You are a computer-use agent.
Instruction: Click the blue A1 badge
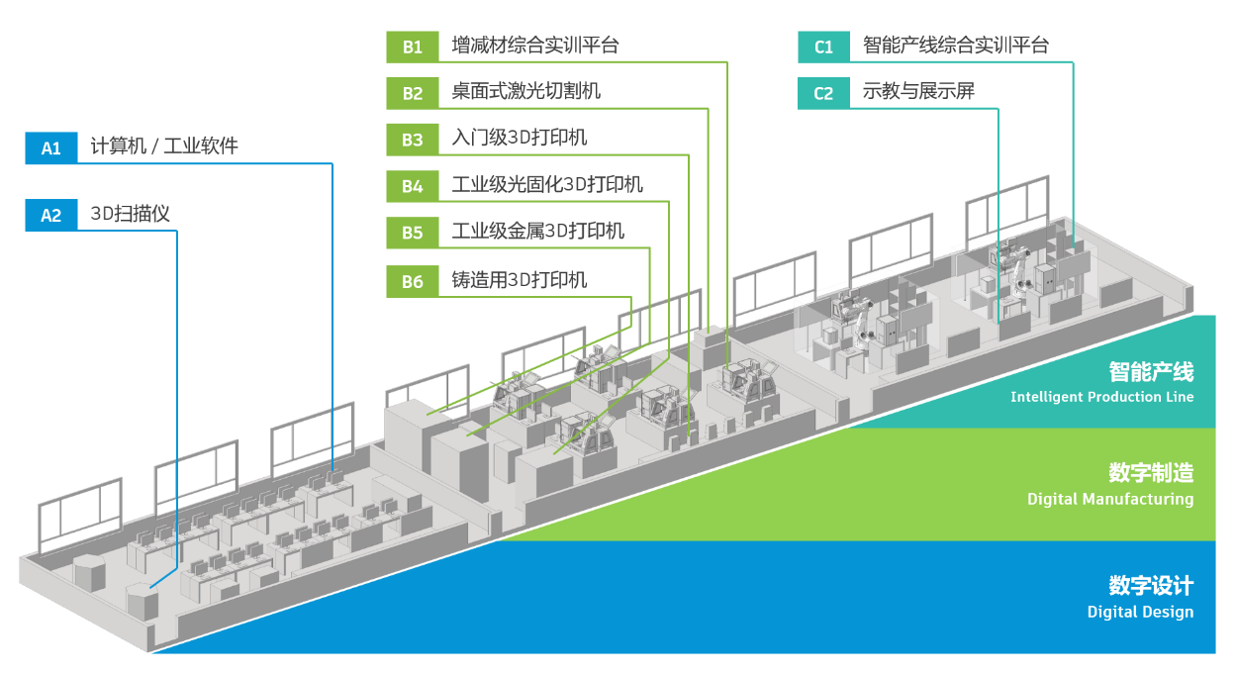point(51,148)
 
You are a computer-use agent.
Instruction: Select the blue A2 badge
point(51,215)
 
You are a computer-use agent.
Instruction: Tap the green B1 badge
point(413,47)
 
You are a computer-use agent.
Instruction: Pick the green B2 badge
point(413,93)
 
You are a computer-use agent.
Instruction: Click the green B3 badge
point(413,140)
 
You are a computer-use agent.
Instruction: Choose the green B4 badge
point(413,186)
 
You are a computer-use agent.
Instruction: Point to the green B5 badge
point(413,233)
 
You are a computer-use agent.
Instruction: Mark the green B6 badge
point(413,281)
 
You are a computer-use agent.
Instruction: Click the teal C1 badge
point(824,47)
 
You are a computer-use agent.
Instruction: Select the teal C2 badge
point(824,93)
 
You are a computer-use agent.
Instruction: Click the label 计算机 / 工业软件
point(164,147)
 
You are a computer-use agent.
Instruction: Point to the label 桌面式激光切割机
point(525,92)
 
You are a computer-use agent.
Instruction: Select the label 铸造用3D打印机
point(519,280)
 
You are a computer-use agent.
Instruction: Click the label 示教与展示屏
point(918,92)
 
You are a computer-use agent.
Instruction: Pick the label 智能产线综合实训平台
point(955,46)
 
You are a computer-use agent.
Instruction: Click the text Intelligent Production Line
point(1101,397)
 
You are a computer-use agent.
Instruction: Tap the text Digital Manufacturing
point(1109,499)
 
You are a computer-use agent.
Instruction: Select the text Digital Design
point(1140,612)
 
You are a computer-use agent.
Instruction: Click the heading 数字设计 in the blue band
point(1151,584)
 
